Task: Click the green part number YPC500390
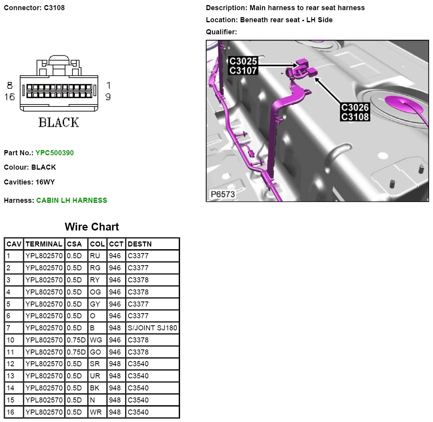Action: pos(55,153)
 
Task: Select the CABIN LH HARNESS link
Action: pos(72,200)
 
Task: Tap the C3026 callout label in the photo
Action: pos(355,107)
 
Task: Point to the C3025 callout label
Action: pos(243,61)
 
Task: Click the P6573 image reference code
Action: pos(223,194)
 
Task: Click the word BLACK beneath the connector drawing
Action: pos(58,122)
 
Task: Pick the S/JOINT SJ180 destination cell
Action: pos(152,328)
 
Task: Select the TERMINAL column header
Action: pos(44,244)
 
